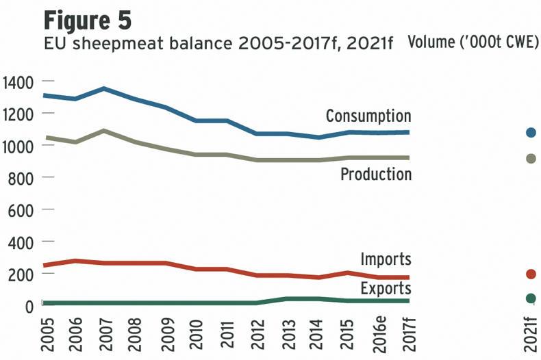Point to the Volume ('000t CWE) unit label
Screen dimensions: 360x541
473,42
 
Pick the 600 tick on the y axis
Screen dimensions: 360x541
21,210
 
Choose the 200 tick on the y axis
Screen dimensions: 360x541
21,274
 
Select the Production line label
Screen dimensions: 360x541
376,175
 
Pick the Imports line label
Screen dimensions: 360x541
386,259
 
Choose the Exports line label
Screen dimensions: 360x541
386,289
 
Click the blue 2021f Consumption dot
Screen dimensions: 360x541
531,132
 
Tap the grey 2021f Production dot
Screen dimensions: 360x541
531,159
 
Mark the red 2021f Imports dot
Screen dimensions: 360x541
531,274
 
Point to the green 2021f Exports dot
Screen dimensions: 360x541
531,298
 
